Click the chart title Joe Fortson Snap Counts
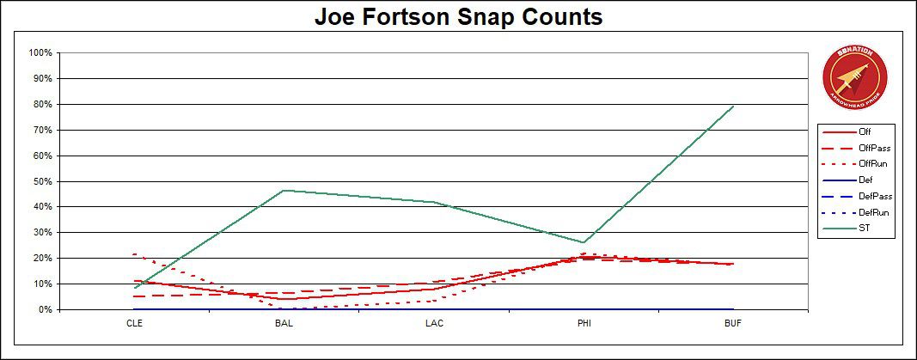pos(458,17)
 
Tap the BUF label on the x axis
pos(733,325)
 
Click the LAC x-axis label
pos(434,325)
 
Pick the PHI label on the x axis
pos(584,325)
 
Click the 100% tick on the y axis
pos(41,52)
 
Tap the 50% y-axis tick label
pos(43,181)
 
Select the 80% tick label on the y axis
pos(43,104)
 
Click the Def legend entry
pos(865,181)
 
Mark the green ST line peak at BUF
pos(733,106)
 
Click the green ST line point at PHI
pos(584,242)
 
